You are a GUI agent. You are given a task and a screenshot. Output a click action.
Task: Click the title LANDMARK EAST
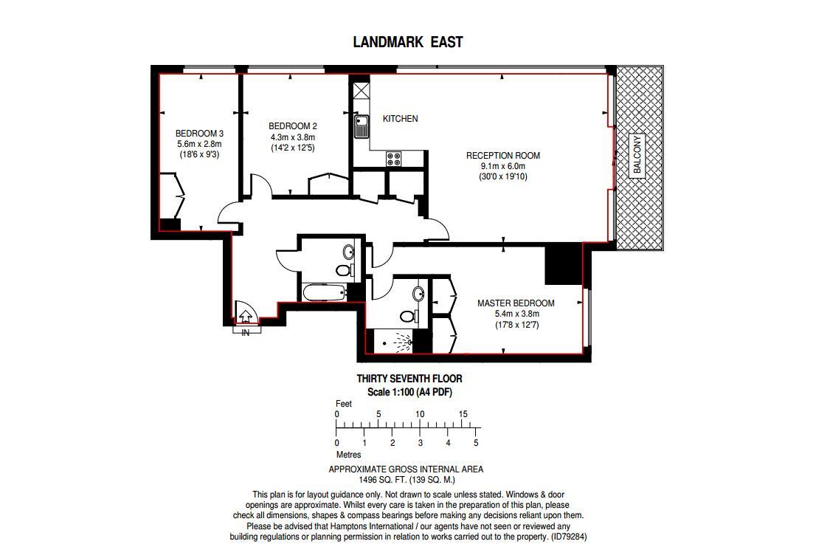point(408,42)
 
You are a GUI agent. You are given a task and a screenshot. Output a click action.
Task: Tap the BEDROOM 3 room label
point(199,133)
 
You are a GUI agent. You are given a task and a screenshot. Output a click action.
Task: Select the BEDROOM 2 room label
point(293,125)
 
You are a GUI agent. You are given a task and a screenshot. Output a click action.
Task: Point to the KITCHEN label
point(400,119)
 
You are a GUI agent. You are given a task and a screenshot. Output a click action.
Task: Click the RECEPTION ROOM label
point(503,156)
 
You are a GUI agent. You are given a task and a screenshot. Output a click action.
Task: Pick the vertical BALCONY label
point(638,154)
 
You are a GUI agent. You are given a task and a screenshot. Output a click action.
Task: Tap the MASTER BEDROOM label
point(516,303)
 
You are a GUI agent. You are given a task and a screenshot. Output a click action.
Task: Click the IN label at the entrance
point(246,333)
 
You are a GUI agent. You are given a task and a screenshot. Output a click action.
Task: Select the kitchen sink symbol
point(361,126)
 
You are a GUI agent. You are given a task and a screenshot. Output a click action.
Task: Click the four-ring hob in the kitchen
point(394,158)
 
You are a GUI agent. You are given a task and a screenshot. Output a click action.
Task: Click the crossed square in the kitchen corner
point(361,91)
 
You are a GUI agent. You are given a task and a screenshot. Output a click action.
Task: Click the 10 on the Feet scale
point(420,414)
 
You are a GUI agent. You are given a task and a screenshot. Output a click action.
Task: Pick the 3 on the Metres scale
point(421,443)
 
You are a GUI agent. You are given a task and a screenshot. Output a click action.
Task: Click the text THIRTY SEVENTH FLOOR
point(409,379)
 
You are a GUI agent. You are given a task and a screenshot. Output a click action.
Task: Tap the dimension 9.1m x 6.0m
point(503,166)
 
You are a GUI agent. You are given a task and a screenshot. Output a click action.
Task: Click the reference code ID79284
point(568,537)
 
